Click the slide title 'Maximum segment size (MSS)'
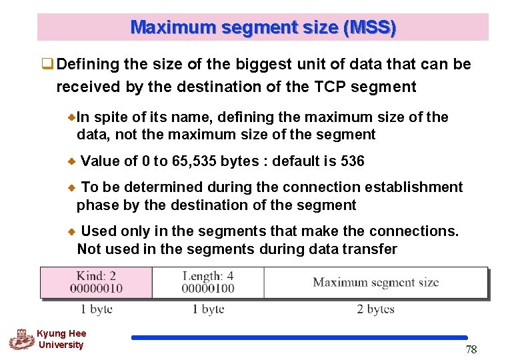(x=263, y=27)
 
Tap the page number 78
(x=471, y=350)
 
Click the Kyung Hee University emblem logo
(x=21, y=339)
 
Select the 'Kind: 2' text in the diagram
(x=96, y=275)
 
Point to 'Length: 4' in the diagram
(x=207, y=275)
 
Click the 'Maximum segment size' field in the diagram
(x=375, y=282)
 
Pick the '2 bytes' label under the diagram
(x=375, y=309)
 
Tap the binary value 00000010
(x=96, y=288)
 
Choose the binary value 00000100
(x=207, y=288)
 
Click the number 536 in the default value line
(x=351, y=161)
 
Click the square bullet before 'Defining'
(x=47, y=65)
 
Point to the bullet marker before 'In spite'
(x=72, y=117)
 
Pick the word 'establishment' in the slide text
(x=418, y=187)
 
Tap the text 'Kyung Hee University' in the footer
(x=61, y=339)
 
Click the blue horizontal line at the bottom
(x=299, y=338)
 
